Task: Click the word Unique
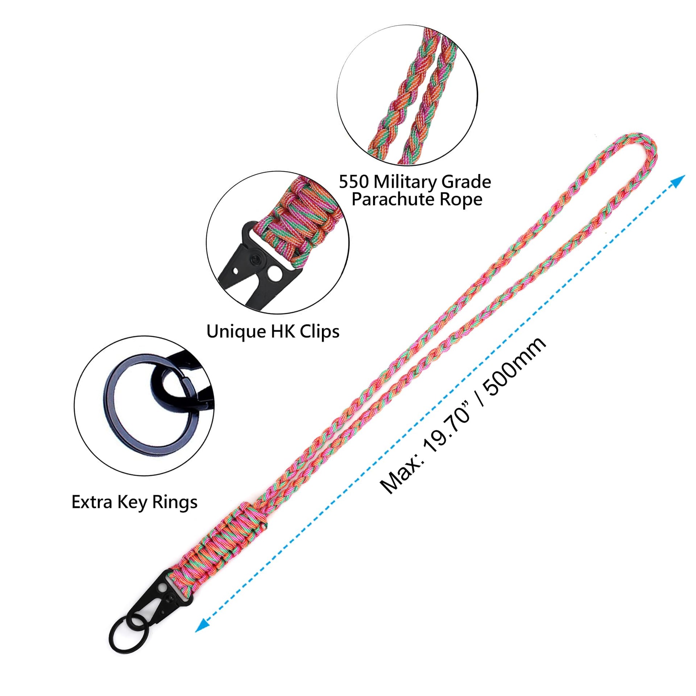235,331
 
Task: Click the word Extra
92,502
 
